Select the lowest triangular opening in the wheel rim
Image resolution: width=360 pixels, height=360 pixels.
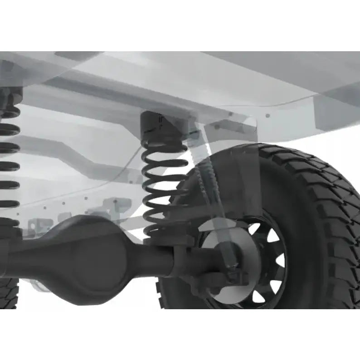pyautogui.click(x=259, y=296)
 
